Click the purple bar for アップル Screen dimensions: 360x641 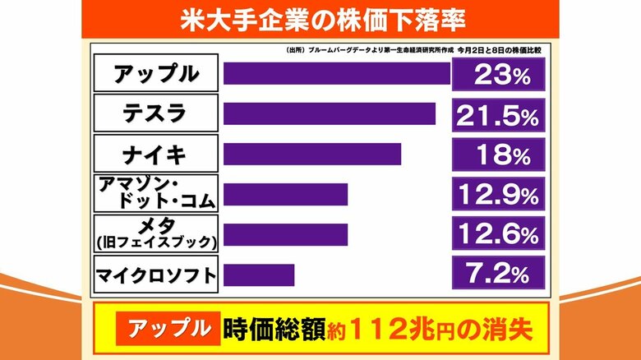coord(337,73)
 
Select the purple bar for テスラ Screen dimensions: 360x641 coord(329,113)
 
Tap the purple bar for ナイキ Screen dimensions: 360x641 coord(312,154)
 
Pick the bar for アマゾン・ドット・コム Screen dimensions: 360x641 coord(285,194)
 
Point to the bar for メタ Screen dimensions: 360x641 coord(285,234)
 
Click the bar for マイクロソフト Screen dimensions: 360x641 coord(259,275)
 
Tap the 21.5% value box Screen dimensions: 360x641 coord(498,115)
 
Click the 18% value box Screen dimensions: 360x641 coord(498,154)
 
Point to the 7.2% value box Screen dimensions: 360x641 coord(498,275)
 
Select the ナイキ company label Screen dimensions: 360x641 coord(156,154)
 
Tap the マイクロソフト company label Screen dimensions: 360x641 coord(156,275)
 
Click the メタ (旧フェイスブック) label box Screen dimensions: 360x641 coord(156,234)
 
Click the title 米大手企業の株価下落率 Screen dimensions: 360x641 coord(320,17)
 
